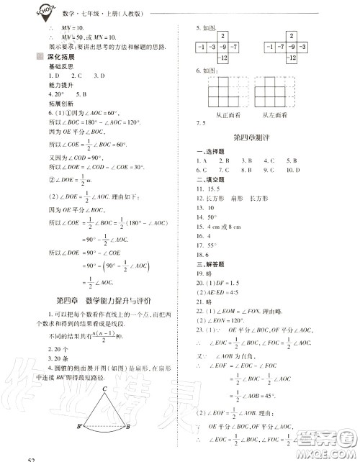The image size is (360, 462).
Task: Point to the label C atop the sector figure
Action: tap(104, 389)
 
